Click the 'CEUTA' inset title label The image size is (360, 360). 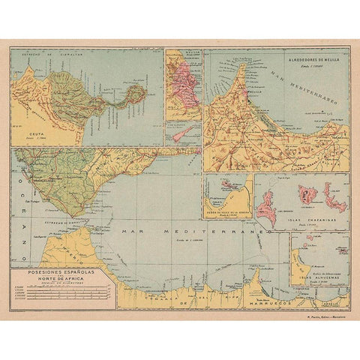tap(28, 132)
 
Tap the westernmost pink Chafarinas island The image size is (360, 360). tap(267, 205)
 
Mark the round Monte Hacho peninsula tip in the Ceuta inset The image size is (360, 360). tap(136, 94)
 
